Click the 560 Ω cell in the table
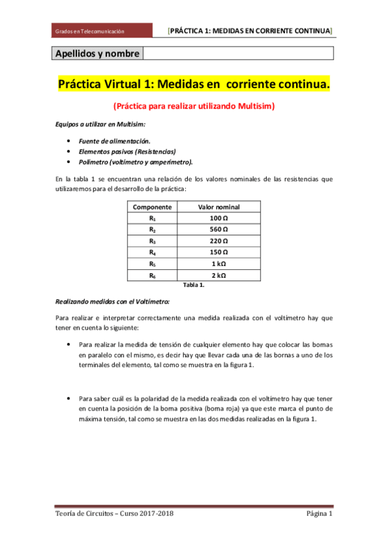click(x=218, y=230)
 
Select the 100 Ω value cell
click(x=218, y=218)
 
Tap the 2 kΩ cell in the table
click(x=218, y=276)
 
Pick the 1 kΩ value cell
click(x=218, y=264)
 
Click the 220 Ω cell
click(x=218, y=241)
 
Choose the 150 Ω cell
click(x=218, y=252)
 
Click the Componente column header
click(x=152, y=207)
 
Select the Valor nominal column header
click(x=218, y=207)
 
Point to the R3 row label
click(x=152, y=241)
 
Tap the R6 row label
click(x=152, y=276)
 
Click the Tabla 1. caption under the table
click(x=194, y=284)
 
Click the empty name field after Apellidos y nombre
click(x=237, y=54)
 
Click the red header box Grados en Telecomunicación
click(x=102, y=30)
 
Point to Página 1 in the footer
click(x=319, y=514)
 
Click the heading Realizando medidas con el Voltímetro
click(x=113, y=301)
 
